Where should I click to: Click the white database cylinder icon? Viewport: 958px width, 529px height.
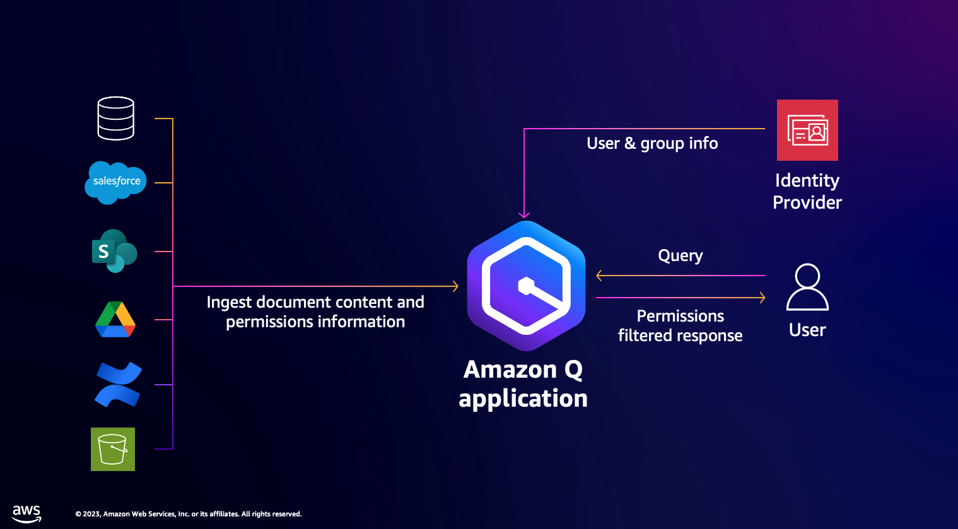click(x=116, y=119)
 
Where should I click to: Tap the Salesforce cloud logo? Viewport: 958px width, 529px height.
click(x=116, y=182)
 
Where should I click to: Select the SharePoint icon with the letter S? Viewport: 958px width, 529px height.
click(x=114, y=251)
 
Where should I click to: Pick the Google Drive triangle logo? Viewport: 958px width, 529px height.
click(x=115, y=320)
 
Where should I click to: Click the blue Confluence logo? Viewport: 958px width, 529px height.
click(x=118, y=384)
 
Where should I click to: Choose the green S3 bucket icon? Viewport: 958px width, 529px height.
click(x=113, y=449)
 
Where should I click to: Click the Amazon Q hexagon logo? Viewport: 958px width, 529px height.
click(x=526, y=286)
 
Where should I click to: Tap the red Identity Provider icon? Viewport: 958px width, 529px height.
click(x=807, y=130)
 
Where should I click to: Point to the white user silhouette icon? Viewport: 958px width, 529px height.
click(x=807, y=288)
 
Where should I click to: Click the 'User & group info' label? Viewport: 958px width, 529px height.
click(x=652, y=144)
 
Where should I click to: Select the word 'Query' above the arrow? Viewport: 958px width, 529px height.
click(x=680, y=256)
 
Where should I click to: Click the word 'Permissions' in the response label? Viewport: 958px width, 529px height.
click(x=680, y=316)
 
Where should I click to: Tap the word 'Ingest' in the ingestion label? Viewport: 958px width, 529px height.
click(x=229, y=303)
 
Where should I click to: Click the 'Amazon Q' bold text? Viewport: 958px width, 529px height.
click(x=523, y=369)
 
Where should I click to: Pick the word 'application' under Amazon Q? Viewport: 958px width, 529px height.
click(x=523, y=398)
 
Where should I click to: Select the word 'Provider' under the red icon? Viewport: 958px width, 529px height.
click(x=807, y=202)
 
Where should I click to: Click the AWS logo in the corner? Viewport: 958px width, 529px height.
click(x=26, y=513)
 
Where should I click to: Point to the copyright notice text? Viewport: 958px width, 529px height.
click(x=189, y=514)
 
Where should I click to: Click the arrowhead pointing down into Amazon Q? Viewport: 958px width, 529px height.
click(x=524, y=215)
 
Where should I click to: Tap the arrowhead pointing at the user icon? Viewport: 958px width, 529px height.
click(x=762, y=298)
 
